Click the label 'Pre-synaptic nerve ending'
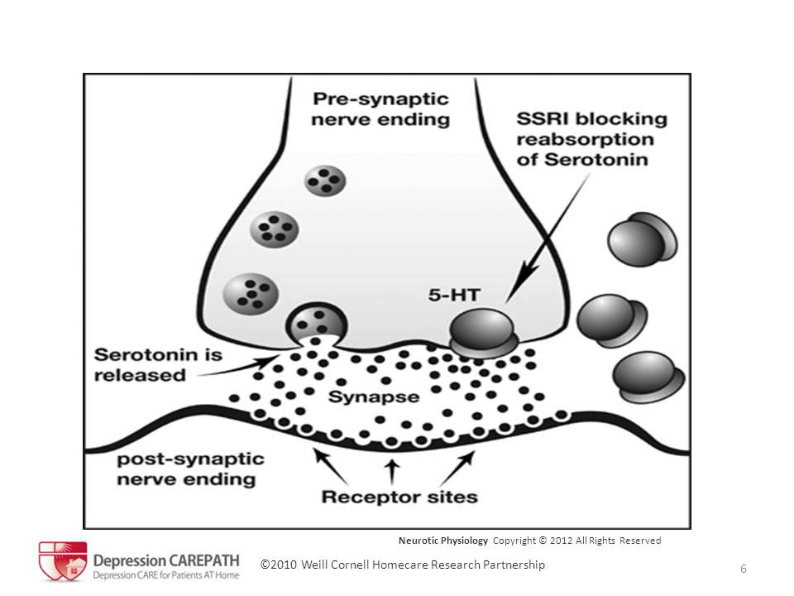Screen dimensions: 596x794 coord(380,108)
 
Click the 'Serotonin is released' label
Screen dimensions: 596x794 coord(158,363)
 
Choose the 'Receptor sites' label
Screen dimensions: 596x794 coord(399,497)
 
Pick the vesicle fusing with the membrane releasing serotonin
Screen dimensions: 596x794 coord(311,323)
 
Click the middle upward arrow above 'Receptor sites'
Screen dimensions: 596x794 coord(394,469)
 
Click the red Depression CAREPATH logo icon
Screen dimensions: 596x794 coord(63,560)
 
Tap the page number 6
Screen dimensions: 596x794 coord(744,568)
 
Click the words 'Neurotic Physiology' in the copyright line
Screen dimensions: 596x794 coord(443,541)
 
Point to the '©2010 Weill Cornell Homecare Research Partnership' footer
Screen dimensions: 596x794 coord(403,565)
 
